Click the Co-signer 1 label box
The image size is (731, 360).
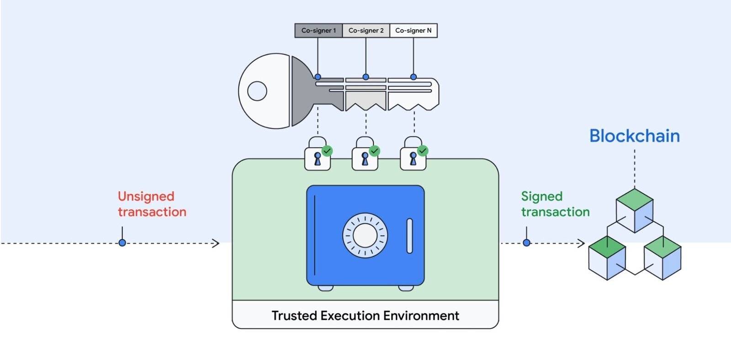[318, 30]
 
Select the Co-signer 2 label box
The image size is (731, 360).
[366, 30]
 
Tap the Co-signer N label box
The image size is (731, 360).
[413, 30]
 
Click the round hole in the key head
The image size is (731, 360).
[257, 91]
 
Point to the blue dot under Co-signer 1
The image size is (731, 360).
[318, 77]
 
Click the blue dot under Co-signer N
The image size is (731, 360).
[413, 77]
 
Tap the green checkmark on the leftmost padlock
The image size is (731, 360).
[327, 151]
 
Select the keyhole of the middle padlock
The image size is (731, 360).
[365, 159]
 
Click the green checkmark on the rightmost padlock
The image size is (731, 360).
[423, 151]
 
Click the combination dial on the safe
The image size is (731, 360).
[365, 235]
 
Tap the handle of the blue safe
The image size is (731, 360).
[409, 236]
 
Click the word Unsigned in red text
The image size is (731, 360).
[146, 196]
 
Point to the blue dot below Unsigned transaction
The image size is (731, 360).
[122, 243]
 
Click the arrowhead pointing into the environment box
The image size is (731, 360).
[216, 243]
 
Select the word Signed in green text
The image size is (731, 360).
[542, 196]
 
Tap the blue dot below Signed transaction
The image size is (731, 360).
[526, 243]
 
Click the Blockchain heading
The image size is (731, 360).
[635, 136]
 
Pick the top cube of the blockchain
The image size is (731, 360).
[635, 211]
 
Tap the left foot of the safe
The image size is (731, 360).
[325, 288]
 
